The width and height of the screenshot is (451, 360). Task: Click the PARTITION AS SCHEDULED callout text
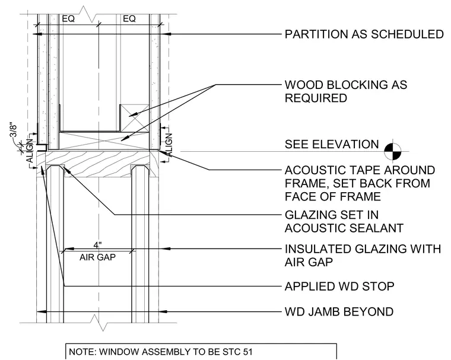(364, 34)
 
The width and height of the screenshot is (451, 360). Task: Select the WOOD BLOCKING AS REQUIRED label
(346, 91)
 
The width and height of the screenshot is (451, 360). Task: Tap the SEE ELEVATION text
(332, 144)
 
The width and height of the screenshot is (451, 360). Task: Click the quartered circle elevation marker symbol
(393, 151)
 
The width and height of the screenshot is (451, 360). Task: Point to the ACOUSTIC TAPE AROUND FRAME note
(360, 183)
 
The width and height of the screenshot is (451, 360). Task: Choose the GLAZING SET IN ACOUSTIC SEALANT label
(344, 221)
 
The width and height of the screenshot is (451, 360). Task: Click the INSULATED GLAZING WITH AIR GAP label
(363, 256)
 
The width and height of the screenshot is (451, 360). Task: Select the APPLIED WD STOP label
(339, 286)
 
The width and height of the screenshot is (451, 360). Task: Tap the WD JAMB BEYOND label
(339, 312)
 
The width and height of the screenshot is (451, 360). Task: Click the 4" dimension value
(98, 245)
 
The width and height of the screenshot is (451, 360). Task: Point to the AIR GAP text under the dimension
(97, 257)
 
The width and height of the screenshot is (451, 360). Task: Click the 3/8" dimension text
(14, 131)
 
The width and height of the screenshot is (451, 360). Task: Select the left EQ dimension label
(68, 19)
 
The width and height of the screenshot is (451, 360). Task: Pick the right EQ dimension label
(129, 19)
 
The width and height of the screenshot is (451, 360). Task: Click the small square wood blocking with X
(134, 118)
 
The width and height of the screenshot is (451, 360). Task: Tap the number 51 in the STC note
(247, 352)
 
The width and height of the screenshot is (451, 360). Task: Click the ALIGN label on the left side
(29, 150)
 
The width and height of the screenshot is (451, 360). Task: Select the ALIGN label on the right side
(169, 145)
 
